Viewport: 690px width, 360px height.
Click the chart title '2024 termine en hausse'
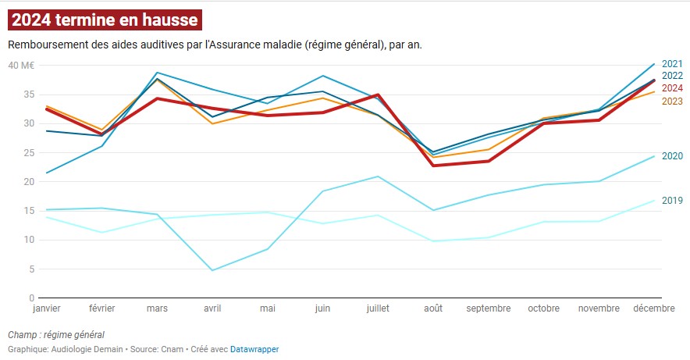tap(105, 20)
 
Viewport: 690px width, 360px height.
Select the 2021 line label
tap(672, 64)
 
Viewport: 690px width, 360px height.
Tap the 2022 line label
tap(672, 76)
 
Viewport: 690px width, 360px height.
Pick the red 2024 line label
tap(672, 87)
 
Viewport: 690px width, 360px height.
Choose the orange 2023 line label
tap(672, 101)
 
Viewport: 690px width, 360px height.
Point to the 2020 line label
tap(672, 156)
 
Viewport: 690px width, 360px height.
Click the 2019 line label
tap(672, 200)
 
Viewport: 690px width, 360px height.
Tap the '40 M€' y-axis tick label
tap(21, 65)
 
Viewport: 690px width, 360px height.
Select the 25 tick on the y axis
tap(29, 152)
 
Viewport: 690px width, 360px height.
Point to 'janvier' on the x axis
tap(47, 308)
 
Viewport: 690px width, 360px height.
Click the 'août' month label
tap(433, 308)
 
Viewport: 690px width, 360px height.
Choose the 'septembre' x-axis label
tap(489, 308)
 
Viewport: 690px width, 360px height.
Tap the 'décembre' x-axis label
tap(654, 308)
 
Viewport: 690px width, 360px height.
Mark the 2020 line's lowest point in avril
tap(212, 270)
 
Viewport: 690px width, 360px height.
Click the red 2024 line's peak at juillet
tap(378, 94)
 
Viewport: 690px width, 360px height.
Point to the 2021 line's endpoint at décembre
tap(654, 64)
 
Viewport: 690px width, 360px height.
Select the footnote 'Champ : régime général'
tap(56, 335)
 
